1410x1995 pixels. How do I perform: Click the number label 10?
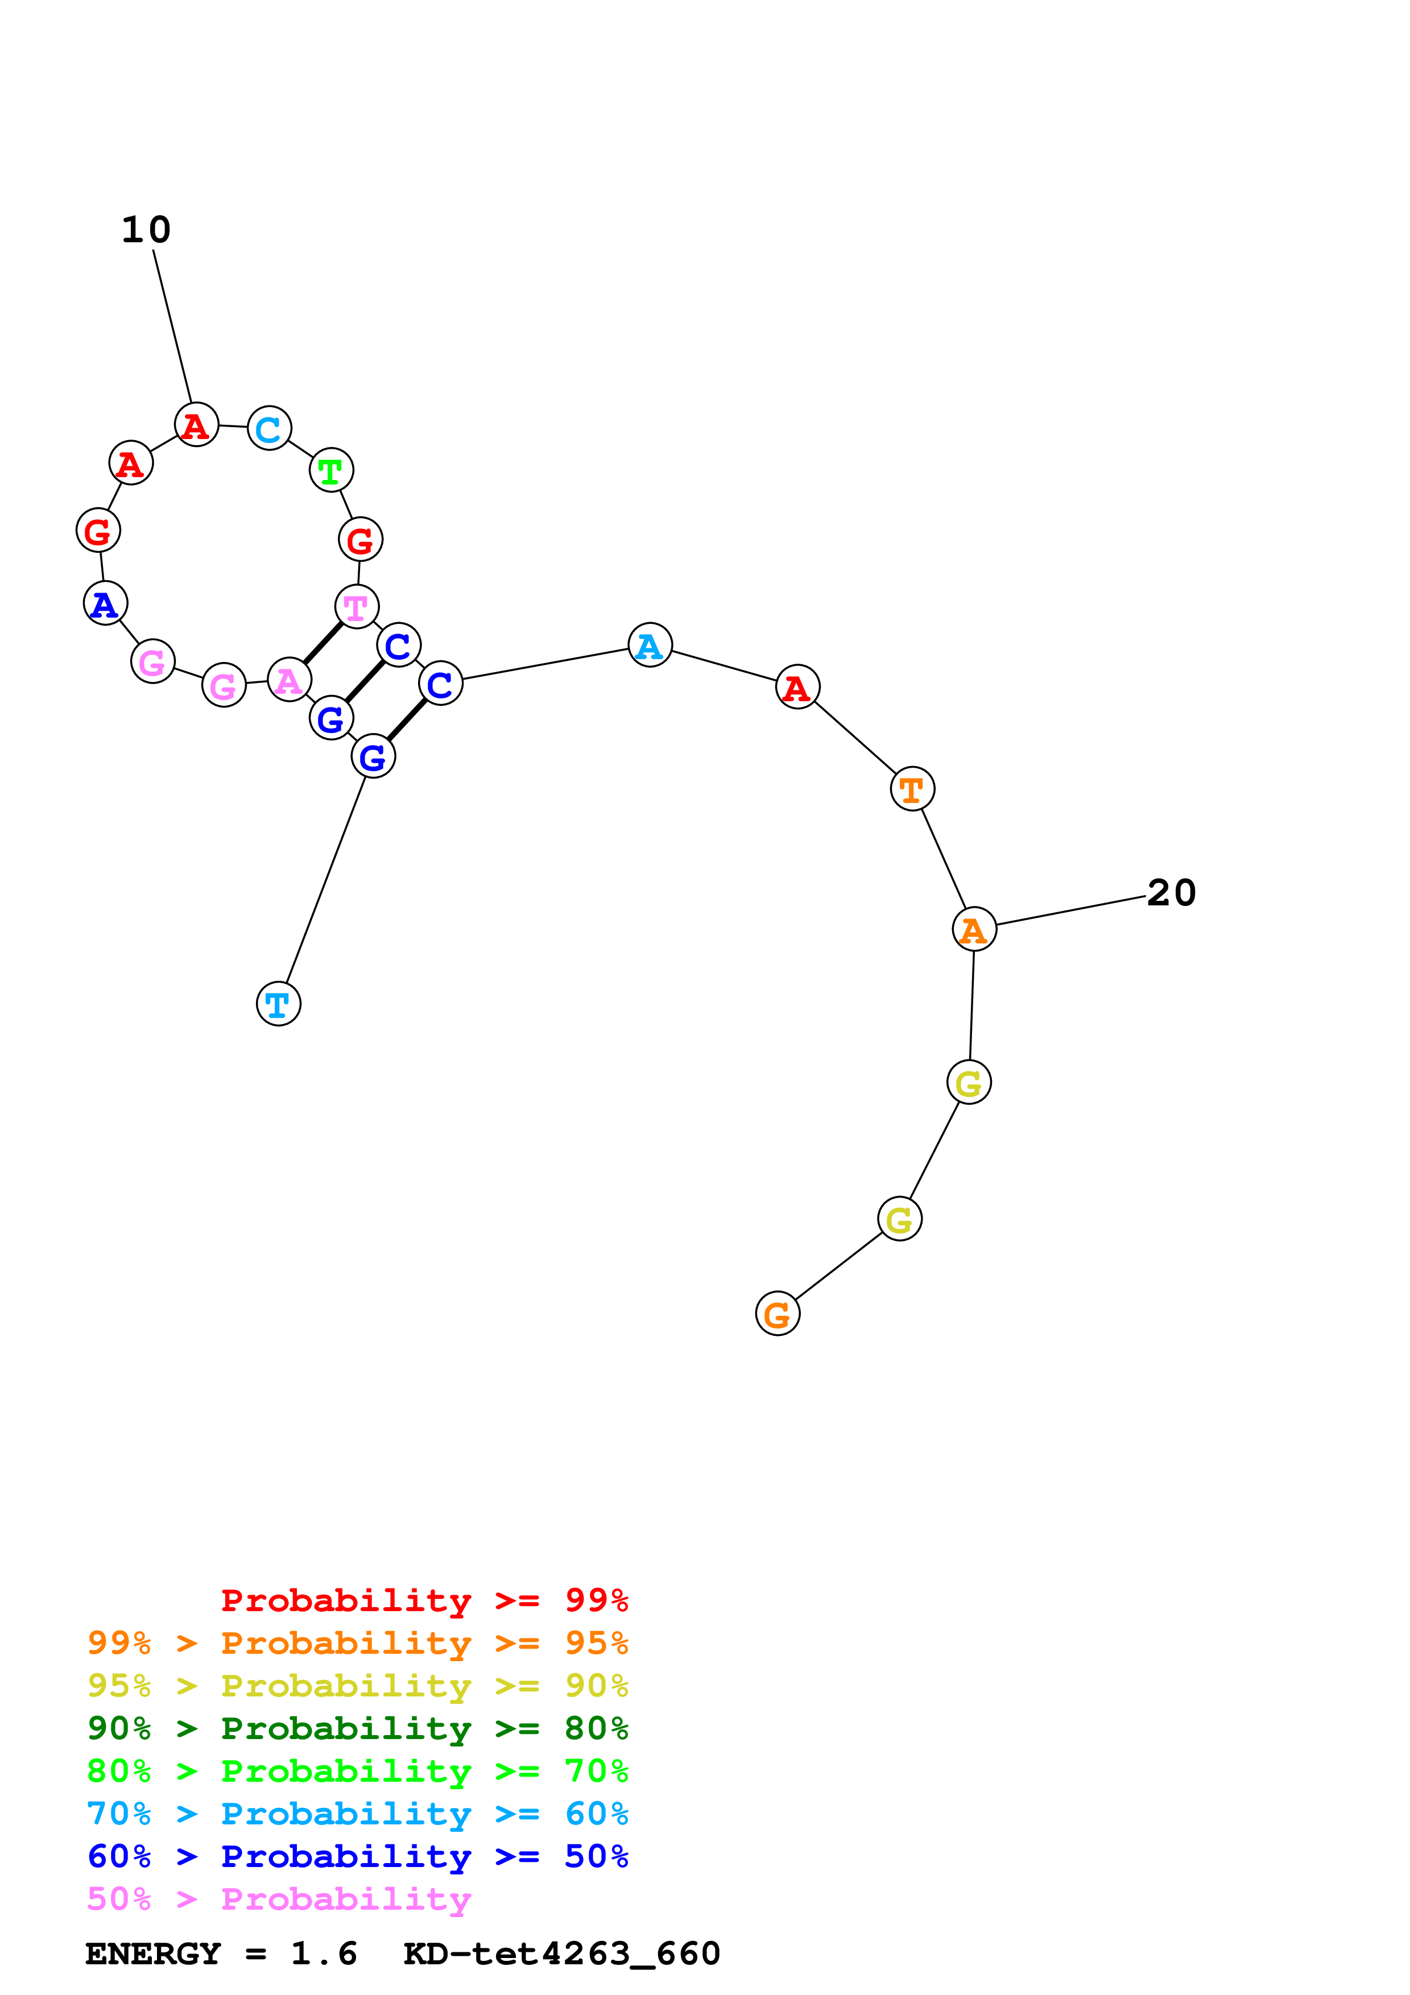tap(146, 230)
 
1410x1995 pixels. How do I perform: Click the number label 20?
tap(1171, 893)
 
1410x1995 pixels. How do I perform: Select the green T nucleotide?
tap(331, 471)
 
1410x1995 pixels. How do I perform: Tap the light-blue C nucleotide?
tap(269, 428)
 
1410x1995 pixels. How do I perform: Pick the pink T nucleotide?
tap(356, 606)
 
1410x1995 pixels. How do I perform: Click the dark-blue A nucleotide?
tap(105, 604)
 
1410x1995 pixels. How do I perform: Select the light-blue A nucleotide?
tap(650, 645)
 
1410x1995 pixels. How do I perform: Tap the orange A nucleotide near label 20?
tap(974, 930)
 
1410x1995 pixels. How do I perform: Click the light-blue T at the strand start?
tap(278, 1004)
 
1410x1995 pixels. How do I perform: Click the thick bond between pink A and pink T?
tap(322, 643)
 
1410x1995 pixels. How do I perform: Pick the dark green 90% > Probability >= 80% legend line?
tap(357, 1751)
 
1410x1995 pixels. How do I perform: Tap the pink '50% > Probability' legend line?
tap(278, 1922)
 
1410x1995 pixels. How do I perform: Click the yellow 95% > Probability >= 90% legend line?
tap(357, 1708)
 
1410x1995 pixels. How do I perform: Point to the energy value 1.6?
tap(323, 1977)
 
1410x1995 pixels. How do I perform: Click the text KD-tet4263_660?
tap(561, 1977)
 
